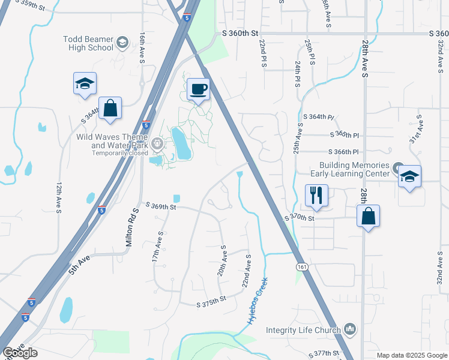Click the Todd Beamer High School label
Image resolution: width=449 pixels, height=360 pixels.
click(x=88, y=43)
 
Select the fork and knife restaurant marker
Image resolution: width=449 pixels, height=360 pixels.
click(x=316, y=196)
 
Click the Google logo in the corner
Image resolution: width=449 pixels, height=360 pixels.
click(x=20, y=352)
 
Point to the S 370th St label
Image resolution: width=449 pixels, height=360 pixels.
click(x=300, y=218)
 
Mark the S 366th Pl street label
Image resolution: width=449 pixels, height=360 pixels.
click(x=343, y=152)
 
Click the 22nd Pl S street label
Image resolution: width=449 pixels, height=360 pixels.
click(x=262, y=53)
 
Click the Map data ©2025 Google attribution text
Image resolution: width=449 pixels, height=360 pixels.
click(x=411, y=355)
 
